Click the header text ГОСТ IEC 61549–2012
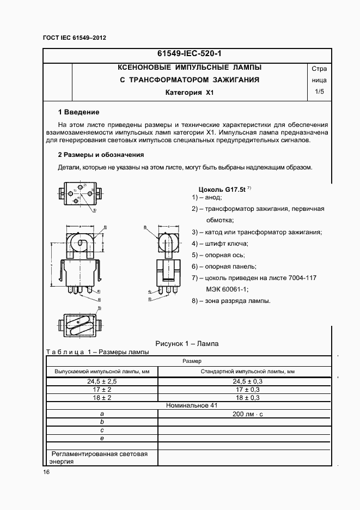[74, 38]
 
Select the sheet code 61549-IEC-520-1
[189, 54]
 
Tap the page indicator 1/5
[319, 92]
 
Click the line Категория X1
[190, 93]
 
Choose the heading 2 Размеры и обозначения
[101, 154]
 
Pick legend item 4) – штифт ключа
[219, 244]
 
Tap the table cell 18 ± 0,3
[247, 398]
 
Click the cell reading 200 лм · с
[247, 414]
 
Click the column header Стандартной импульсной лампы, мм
[247, 371]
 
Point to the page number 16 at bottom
[46, 472]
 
